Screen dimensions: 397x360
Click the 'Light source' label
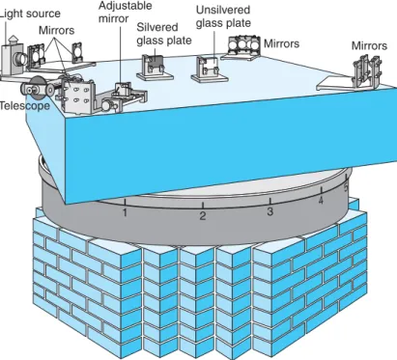coord(30,14)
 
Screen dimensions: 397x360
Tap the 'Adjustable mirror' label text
coord(125,12)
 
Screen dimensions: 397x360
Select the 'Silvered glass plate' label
coord(164,34)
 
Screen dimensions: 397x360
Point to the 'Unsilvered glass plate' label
coord(223,16)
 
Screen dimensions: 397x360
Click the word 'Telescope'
coord(25,106)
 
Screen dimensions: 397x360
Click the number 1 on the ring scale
coord(125,212)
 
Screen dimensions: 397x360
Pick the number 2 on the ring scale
coord(203,215)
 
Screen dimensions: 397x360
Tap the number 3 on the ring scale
coord(270,211)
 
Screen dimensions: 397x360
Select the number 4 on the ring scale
coord(321,201)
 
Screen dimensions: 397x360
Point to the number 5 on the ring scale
coord(346,187)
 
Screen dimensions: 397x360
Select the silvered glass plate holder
coord(155,68)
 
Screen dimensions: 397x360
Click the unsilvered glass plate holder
coord(210,69)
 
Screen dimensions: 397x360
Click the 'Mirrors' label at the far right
coord(369,45)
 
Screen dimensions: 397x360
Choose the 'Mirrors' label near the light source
coord(56,30)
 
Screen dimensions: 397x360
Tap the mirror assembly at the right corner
coord(366,72)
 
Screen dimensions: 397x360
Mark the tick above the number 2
coord(203,205)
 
